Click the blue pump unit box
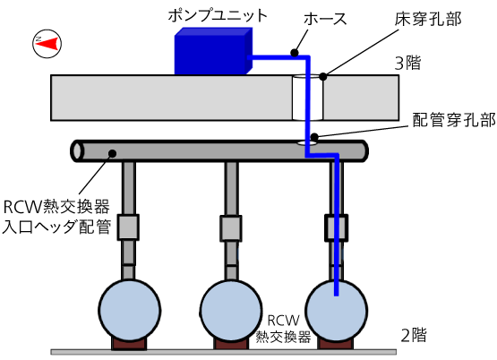(211, 50)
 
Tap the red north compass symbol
(45, 42)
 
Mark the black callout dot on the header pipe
(113, 153)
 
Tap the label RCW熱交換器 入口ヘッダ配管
(56, 218)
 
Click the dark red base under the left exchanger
(130, 343)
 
